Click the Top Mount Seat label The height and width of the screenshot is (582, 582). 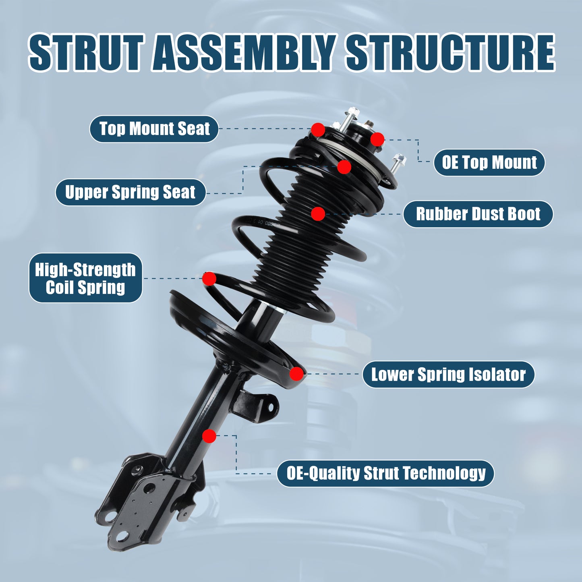point(154,129)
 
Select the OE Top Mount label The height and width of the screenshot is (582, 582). point(489,163)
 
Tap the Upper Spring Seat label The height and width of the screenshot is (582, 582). point(130,192)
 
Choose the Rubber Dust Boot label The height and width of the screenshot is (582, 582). point(478,214)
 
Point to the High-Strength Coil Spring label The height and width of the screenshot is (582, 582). point(85,278)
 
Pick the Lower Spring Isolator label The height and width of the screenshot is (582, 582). point(448,374)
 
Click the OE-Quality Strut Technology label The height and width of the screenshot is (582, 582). point(385,473)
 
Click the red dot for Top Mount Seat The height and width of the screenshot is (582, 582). point(318,130)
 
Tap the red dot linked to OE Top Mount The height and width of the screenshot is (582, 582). point(377,139)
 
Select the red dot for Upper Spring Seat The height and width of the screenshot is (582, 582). point(344,167)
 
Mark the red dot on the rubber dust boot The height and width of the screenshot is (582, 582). point(318,214)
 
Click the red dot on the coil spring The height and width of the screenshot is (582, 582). point(209,278)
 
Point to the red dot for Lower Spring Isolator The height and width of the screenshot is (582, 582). point(296,374)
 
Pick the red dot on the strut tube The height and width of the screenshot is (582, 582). point(209,436)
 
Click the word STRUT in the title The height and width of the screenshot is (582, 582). point(86,53)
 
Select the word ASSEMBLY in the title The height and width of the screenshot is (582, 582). point(244,53)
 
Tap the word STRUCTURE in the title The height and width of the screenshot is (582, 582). point(450,53)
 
